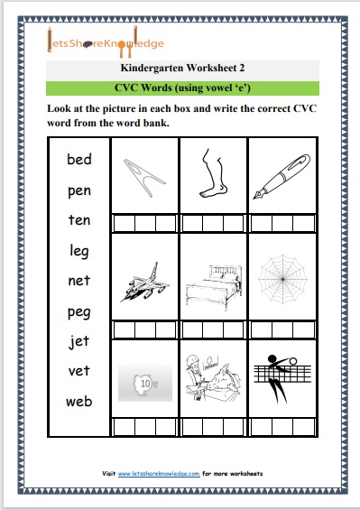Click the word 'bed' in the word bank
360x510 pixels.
point(79,161)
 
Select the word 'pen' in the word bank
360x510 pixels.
point(79,191)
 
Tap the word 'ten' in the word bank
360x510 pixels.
point(79,220)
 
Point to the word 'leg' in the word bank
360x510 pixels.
point(79,251)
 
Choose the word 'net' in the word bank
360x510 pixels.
point(79,281)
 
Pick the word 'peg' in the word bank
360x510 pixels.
point(79,311)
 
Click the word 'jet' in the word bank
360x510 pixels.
point(79,341)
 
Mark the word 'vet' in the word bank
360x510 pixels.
point(79,371)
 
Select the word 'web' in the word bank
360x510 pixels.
point(79,401)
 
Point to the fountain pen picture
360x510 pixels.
point(281,175)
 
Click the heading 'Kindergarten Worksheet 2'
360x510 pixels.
point(181,68)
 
